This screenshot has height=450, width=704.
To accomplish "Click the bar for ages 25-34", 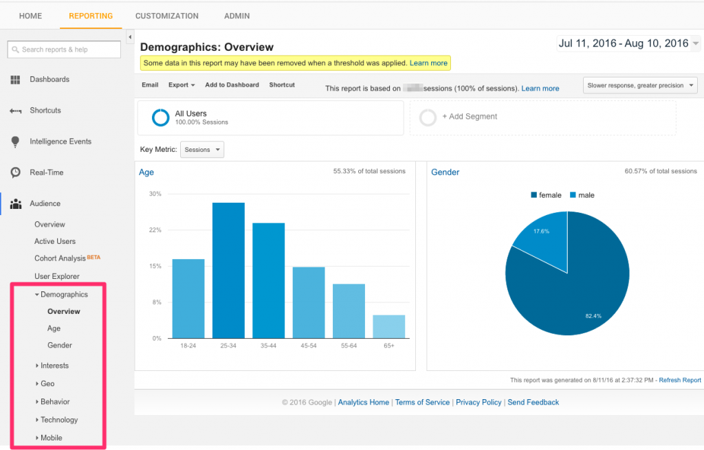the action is pos(228,270).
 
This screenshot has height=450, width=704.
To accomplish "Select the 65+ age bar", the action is pos(389,326).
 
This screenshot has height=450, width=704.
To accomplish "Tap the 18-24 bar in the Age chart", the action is pos(188,298).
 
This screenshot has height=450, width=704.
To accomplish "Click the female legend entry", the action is pos(546,195).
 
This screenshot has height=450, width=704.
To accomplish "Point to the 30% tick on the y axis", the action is pos(155,194).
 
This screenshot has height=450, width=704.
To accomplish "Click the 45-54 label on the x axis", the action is pos(309,346).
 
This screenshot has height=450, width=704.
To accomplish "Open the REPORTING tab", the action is pos(91,16).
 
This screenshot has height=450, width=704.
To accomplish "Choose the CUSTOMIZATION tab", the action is pos(167,16).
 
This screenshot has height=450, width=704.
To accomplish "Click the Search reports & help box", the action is pos(64,49).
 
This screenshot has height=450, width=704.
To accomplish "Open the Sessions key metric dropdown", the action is pos(202,149).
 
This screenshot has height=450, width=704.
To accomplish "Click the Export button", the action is pos(181,85).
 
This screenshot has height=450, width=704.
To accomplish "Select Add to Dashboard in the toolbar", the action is pos(232,85).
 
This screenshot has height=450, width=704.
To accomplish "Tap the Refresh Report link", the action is pos(680,380).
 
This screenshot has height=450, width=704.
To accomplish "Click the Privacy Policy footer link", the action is pos(478,403).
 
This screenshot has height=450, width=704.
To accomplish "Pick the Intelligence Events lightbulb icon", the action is pos(15,142).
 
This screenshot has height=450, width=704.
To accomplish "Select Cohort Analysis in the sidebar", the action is pos(60,258).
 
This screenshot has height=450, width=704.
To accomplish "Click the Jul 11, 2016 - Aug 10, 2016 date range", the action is pos(623,43).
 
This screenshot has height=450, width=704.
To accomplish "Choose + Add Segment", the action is pos(470,117).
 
